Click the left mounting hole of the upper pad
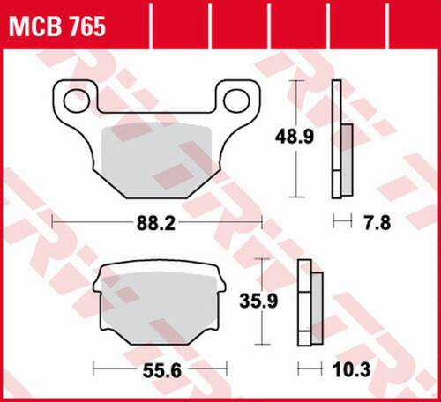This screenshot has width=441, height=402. point(71,100)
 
